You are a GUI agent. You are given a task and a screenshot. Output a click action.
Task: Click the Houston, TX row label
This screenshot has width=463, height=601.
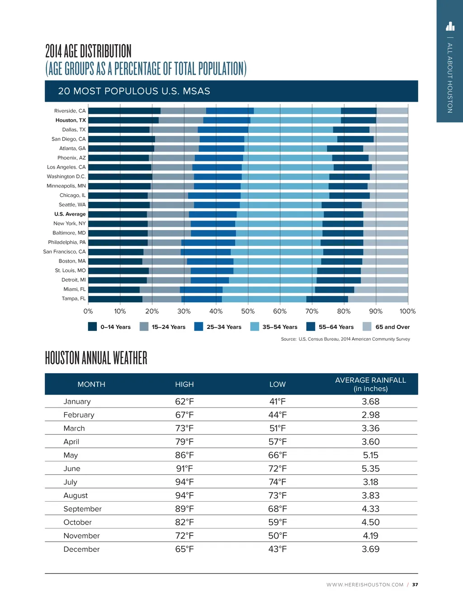click(x=70, y=120)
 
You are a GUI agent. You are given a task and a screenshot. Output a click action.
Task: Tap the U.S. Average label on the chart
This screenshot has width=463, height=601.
click(x=70, y=214)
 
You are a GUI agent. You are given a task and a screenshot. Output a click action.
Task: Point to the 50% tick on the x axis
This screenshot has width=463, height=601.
click(x=248, y=311)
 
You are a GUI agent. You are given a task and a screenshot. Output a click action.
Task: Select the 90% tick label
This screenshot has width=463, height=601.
click(x=376, y=311)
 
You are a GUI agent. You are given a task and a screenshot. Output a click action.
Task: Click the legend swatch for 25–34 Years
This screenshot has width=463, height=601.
click(x=198, y=327)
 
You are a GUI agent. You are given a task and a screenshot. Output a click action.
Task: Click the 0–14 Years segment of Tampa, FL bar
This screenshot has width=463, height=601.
click(x=115, y=299)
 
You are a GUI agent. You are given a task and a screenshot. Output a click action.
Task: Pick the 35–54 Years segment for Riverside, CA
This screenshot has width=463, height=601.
click(x=297, y=111)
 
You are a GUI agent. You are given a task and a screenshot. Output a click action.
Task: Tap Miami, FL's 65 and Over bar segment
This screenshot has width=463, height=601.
click(x=381, y=290)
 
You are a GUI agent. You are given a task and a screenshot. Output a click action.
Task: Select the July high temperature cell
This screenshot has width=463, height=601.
click(x=184, y=482)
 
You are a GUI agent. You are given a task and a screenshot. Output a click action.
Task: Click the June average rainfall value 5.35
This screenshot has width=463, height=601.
click(x=370, y=469)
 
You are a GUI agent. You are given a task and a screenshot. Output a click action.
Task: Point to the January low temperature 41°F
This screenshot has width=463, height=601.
click(x=277, y=402)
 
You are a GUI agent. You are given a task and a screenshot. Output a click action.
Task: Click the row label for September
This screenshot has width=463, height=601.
click(x=82, y=509)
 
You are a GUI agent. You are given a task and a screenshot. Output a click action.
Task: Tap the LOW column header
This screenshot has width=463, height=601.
click(x=277, y=385)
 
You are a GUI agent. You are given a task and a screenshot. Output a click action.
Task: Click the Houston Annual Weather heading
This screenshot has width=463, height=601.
click(x=96, y=358)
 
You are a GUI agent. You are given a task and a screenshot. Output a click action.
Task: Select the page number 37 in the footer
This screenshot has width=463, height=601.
click(x=415, y=585)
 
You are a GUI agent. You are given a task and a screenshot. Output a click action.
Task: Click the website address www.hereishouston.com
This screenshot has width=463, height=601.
click(x=365, y=585)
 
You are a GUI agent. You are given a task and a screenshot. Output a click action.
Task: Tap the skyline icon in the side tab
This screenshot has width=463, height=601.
click(x=450, y=26)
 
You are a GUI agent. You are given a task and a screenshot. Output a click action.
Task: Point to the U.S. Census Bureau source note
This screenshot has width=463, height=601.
click(x=345, y=339)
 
